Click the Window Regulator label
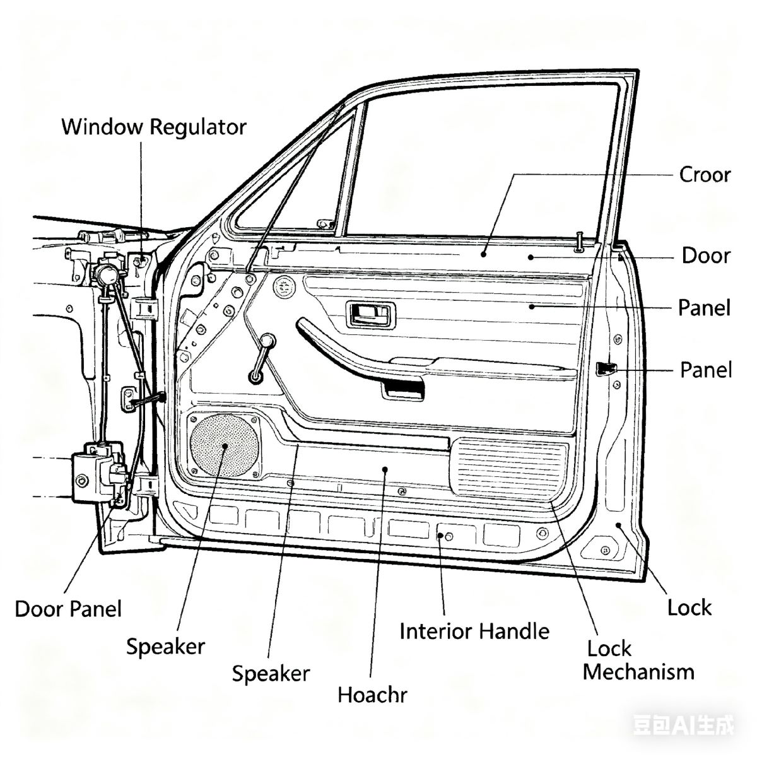153,127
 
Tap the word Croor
705,174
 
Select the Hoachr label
372,695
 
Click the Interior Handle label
474,631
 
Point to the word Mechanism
638,672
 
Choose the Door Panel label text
68,609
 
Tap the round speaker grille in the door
225,445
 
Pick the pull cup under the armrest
403,389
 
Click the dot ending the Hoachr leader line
385,469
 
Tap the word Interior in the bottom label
435,631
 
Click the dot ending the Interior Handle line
440,536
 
